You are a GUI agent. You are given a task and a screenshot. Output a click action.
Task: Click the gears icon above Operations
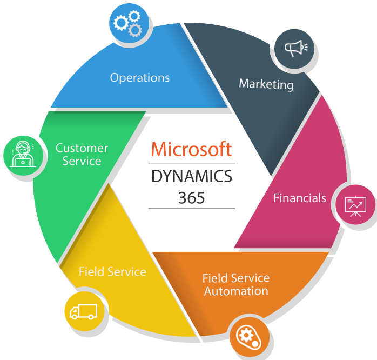129,23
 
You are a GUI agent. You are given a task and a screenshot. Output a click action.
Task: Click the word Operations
139,77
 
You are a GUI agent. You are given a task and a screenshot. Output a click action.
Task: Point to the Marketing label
266,84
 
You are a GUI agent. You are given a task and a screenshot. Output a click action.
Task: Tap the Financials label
299,198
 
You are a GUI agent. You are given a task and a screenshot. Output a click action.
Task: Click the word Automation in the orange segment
235,291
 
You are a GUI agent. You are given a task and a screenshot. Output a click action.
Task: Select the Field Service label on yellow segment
112,271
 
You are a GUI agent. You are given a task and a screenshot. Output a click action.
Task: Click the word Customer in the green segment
82,148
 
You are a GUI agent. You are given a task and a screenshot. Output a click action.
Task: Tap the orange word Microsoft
191,149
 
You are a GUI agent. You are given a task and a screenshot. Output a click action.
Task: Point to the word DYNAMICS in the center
191,176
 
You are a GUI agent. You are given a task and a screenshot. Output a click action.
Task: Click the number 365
191,198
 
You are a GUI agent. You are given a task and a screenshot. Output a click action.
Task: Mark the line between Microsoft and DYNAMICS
191,163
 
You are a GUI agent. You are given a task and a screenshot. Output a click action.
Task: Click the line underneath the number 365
191,208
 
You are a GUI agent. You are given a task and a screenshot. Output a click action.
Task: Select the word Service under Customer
82,161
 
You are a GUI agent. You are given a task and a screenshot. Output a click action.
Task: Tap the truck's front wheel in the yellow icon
92,317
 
